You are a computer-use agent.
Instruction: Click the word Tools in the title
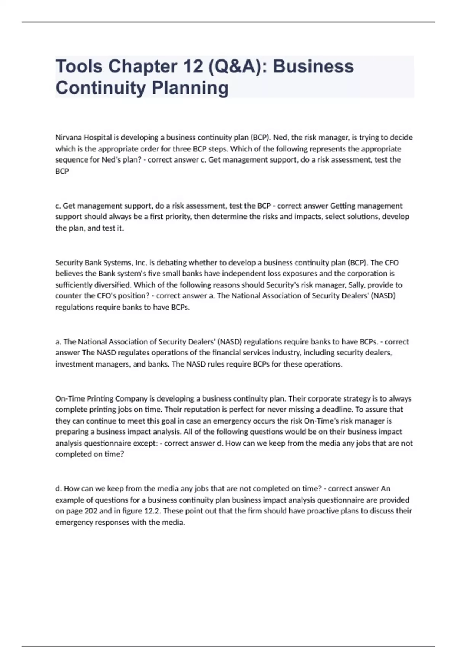(x=79, y=66)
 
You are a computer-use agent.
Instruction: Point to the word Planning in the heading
(x=190, y=88)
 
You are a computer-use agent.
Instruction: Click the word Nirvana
(x=69, y=137)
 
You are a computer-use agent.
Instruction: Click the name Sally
(x=357, y=285)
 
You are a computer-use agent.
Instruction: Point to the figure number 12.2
(x=152, y=511)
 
